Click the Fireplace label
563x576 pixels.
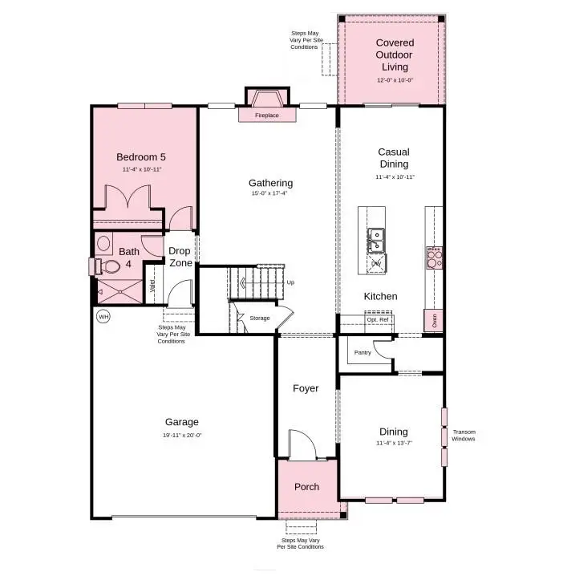(x=267, y=116)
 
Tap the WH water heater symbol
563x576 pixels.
(x=103, y=317)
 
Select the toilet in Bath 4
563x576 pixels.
(x=99, y=265)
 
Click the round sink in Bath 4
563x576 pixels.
(x=103, y=243)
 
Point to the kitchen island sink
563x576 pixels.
(x=375, y=238)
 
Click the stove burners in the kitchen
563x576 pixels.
(x=433, y=258)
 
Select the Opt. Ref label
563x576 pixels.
(x=378, y=319)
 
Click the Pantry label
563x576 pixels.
(x=363, y=351)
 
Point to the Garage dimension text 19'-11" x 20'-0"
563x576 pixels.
(x=182, y=435)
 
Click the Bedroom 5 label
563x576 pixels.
(x=141, y=157)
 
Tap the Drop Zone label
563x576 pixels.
(x=180, y=257)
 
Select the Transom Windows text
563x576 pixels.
(x=464, y=436)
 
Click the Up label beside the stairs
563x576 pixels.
(x=290, y=282)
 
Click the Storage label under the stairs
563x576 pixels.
(x=260, y=318)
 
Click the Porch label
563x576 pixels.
(x=306, y=486)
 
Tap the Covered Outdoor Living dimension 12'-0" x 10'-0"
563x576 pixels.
(x=395, y=80)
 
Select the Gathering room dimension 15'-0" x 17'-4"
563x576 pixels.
(x=270, y=193)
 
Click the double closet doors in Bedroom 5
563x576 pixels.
(x=129, y=198)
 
